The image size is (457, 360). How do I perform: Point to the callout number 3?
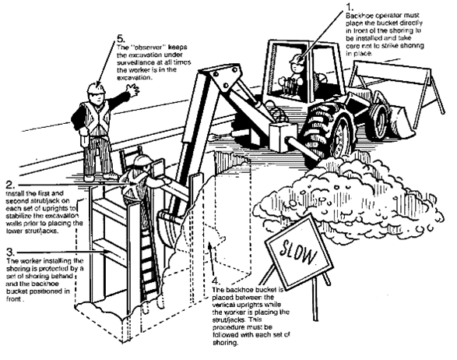tap(9, 252)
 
